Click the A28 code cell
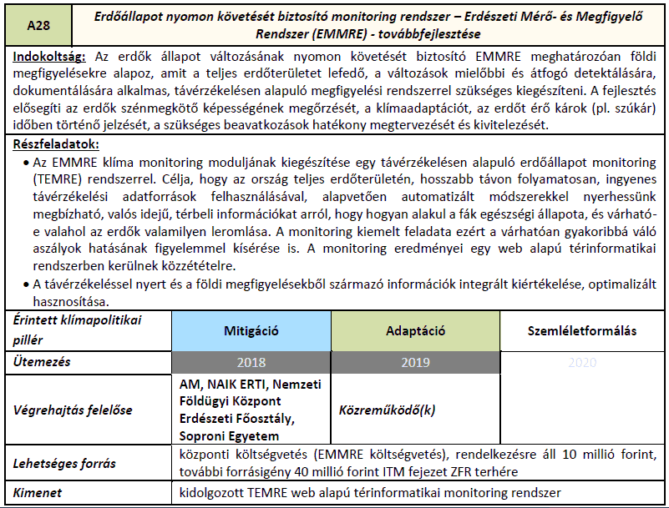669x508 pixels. tap(38, 27)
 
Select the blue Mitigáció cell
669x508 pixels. tap(252, 331)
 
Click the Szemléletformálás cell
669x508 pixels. tap(582, 331)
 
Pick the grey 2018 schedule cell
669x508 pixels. tap(252, 363)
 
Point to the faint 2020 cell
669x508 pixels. tap(582, 363)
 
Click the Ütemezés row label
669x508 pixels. tap(42, 363)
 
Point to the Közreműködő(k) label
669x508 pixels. tap(388, 410)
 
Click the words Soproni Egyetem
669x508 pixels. tap(229, 436)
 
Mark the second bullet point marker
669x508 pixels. tap(21, 284)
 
